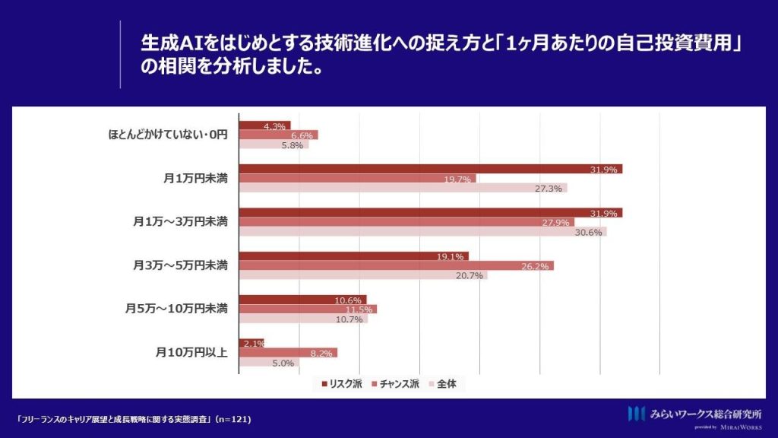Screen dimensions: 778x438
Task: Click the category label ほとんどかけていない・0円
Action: [x=168, y=135]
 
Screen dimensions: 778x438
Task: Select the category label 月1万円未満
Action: [x=195, y=178]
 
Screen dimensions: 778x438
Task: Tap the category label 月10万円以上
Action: [x=191, y=353]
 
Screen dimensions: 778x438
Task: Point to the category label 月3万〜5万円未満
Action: [x=180, y=265]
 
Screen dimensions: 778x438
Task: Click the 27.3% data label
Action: [x=549, y=189]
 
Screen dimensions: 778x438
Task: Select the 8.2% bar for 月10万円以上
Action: [x=288, y=353]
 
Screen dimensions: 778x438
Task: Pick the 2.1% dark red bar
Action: [x=251, y=343]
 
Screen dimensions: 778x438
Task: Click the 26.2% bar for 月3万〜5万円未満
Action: [x=397, y=265]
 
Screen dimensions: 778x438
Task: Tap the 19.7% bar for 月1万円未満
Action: [x=357, y=178]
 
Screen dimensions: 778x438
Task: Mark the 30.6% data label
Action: [x=589, y=233]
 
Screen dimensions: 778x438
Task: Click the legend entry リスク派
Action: [x=342, y=384]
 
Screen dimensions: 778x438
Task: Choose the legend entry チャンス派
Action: [x=395, y=384]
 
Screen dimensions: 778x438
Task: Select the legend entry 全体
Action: [x=443, y=384]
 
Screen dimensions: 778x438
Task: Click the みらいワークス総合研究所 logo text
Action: [x=706, y=414]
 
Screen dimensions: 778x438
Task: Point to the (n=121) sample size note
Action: [x=233, y=419]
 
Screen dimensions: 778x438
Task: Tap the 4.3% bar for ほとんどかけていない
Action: [x=265, y=125]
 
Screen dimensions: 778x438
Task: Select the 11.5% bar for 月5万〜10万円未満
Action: [x=308, y=309]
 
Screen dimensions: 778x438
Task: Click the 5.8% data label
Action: [x=293, y=145]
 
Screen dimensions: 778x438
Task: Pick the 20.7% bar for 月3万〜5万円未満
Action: [x=363, y=275]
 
